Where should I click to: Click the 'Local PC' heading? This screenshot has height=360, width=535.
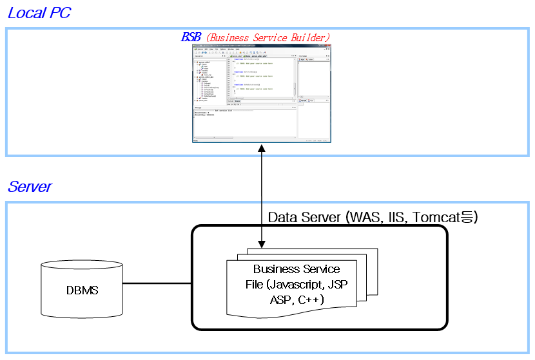pyautogui.click(x=39, y=13)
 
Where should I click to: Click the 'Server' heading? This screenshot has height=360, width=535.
pyautogui.click(x=30, y=187)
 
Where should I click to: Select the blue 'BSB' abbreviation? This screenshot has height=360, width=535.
pyautogui.click(x=191, y=37)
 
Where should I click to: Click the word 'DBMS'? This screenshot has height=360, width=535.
pyautogui.click(x=82, y=290)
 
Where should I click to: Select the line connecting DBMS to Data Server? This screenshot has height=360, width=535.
pyautogui.click(x=157, y=283)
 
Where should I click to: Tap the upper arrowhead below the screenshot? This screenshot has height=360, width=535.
pyautogui.click(x=261, y=149)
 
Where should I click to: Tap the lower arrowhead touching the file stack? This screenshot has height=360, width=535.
pyautogui.click(x=261, y=244)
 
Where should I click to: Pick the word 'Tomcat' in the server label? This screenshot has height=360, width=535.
pyautogui.click(x=437, y=217)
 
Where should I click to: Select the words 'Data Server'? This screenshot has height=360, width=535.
pyautogui.click(x=304, y=217)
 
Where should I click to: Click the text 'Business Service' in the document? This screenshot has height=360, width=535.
pyautogui.click(x=297, y=269)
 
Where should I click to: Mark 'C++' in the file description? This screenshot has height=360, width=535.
pyautogui.click(x=311, y=299)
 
